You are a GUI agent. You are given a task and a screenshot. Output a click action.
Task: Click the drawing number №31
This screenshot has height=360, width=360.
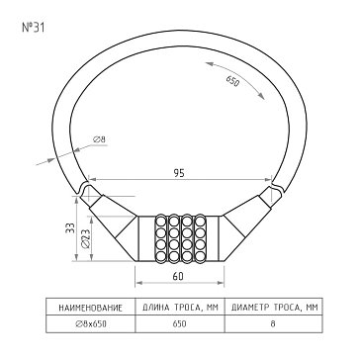[33, 28]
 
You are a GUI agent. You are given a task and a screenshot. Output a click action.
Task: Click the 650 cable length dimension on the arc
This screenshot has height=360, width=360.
[232, 81]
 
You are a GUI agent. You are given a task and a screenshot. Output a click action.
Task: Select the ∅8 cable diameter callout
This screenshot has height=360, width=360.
[100, 139]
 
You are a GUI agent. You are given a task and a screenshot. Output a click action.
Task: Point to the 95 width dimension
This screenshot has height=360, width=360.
[180, 173]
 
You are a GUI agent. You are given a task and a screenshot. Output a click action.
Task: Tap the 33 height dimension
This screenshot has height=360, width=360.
[70, 227]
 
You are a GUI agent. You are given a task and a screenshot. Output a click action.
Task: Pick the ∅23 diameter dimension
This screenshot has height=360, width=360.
[85, 238]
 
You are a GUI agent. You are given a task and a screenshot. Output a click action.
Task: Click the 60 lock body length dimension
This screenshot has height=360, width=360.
[178, 276]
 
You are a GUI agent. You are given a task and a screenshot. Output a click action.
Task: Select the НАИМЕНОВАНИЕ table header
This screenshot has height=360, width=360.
[90, 309]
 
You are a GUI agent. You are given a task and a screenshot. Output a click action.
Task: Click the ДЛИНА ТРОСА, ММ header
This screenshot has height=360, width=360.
[180, 308]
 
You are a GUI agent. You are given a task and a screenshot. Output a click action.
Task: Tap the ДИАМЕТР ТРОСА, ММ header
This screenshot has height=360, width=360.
[275, 308]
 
